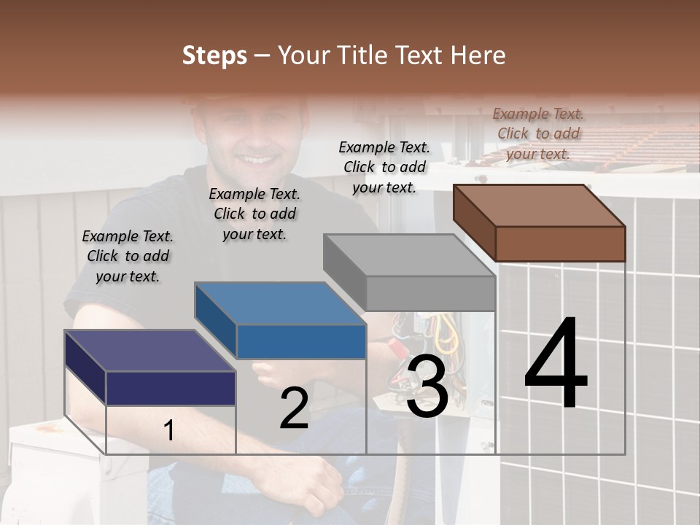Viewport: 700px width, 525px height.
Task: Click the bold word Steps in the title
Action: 214,55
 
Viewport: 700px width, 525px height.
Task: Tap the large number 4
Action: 556,365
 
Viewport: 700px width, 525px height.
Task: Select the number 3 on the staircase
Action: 427,386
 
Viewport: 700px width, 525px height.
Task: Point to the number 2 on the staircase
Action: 294,408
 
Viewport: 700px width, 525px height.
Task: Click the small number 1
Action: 168,431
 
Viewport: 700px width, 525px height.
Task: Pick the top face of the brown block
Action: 540,205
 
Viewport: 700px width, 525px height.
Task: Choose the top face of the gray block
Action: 409,255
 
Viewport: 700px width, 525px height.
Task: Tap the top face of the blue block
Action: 280,303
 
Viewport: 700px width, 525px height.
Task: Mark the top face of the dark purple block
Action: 149,351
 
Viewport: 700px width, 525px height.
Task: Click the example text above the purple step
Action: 128,256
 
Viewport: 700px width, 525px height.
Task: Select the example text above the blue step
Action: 254,214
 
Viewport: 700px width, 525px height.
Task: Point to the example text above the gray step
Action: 384,167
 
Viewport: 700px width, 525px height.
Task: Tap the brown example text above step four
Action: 538,133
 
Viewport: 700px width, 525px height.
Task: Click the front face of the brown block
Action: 560,244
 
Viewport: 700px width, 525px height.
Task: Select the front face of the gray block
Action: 430,294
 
